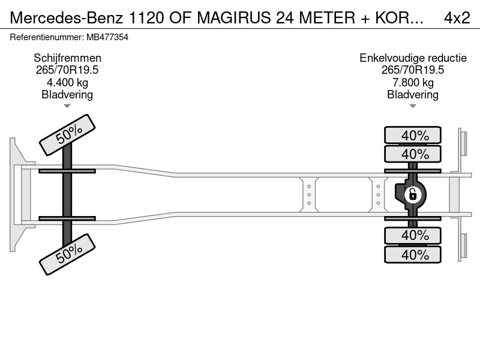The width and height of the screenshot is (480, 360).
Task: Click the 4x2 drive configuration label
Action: (x=457, y=17)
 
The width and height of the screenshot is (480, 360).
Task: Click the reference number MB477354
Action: (x=107, y=37)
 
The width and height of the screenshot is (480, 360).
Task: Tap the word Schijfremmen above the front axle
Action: (x=67, y=58)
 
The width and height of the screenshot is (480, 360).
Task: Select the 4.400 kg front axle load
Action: (x=67, y=82)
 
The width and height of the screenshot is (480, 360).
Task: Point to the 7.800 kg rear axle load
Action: (x=413, y=82)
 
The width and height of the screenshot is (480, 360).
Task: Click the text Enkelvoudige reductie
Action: (x=413, y=58)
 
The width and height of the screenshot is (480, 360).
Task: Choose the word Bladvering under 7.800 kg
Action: (x=413, y=95)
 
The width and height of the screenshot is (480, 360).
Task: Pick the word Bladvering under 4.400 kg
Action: (x=67, y=95)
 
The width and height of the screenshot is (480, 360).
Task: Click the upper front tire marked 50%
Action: (x=67, y=135)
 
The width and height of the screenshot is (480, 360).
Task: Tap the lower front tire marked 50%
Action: (x=67, y=254)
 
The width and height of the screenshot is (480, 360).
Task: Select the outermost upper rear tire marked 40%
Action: (x=413, y=135)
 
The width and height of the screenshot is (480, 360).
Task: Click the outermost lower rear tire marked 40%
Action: (x=413, y=254)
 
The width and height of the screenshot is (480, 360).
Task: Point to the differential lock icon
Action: (x=412, y=194)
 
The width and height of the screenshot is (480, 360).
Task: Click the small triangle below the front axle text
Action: (x=67, y=106)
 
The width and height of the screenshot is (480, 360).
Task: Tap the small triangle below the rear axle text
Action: (x=413, y=106)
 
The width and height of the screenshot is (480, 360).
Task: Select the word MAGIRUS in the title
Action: (x=234, y=17)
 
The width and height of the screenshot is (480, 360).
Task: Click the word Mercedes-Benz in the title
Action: (x=67, y=17)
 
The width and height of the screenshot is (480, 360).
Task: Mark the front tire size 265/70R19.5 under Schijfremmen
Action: (x=67, y=70)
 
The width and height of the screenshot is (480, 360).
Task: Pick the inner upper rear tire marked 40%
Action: (x=413, y=154)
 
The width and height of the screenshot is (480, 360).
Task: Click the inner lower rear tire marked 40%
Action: (x=413, y=235)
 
